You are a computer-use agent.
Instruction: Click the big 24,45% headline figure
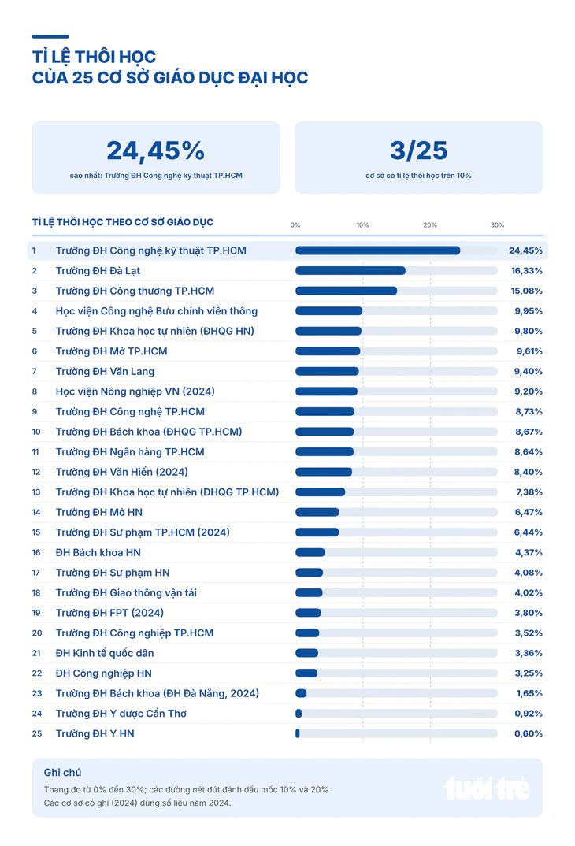[155, 150]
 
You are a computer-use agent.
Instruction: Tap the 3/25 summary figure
[418, 150]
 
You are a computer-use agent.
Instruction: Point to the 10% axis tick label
[362, 225]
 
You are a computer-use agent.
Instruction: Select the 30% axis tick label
[497, 225]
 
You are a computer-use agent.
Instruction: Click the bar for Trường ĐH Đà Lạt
[351, 271]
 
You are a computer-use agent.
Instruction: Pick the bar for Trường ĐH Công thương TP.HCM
[347, 291]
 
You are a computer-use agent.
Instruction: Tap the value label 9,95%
[528, 311]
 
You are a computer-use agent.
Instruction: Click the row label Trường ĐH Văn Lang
[105, 371]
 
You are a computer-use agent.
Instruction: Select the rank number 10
[36, 432]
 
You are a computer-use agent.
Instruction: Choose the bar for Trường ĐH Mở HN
[317, 512]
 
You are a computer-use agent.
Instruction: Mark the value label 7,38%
[529, 492]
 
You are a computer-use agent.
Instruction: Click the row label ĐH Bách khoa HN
[98, 552]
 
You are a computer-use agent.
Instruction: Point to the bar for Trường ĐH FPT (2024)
[309, 613]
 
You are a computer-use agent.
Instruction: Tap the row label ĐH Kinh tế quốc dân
[105, 653]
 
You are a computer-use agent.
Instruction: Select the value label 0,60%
[528, 734]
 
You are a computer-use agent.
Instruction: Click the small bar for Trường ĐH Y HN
[298, 734]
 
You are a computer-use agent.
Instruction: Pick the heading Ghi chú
[62, 773]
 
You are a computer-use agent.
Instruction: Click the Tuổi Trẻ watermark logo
[487, 788]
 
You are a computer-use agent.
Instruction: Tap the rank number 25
[37, 734]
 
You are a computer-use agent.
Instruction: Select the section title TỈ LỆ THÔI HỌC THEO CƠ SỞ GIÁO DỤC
[122, 222]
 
